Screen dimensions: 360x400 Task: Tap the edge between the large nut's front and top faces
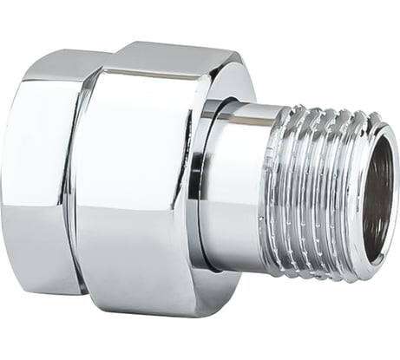pyautogui.click(x=148, y=77)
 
